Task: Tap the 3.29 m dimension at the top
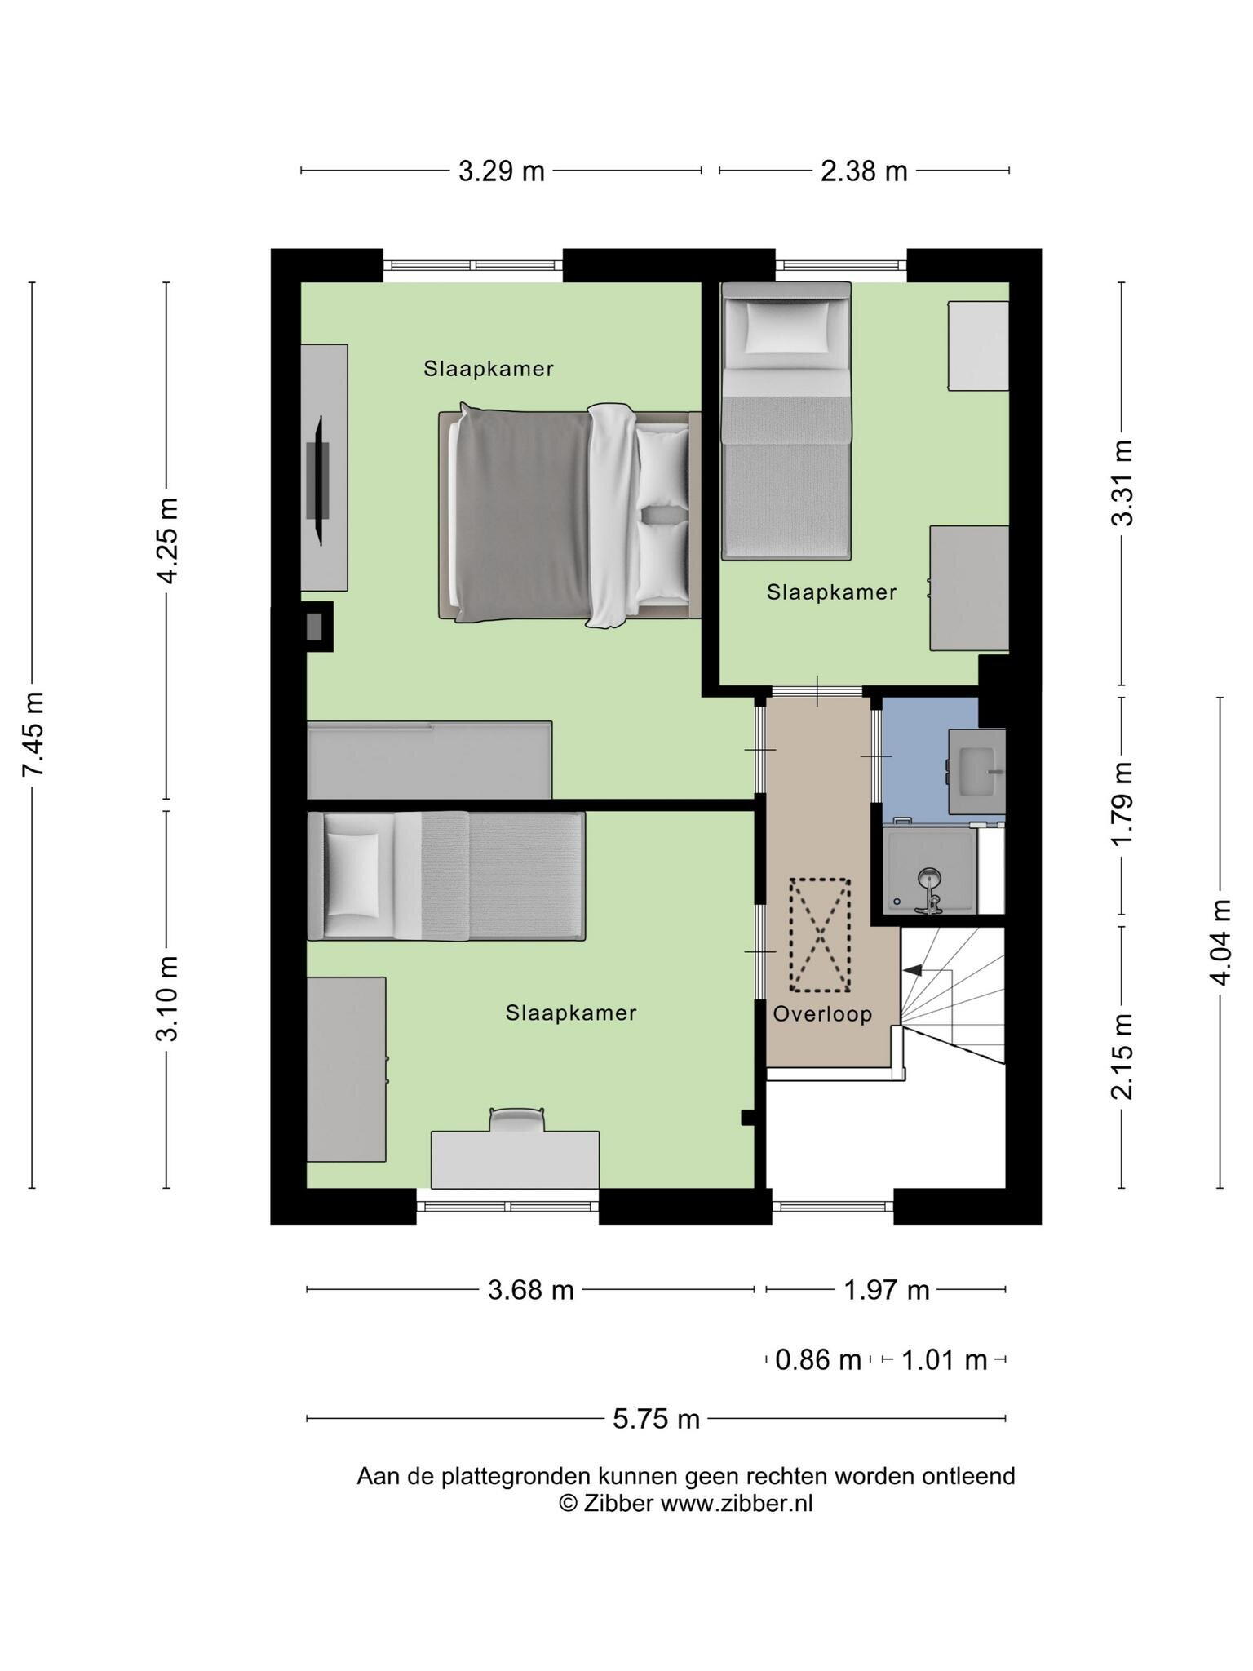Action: (501, 171)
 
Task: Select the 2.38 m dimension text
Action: (864, 171)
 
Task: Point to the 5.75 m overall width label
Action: (657, 1419)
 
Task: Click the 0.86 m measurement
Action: (818, 1360)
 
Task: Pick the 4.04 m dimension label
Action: (1220, 942)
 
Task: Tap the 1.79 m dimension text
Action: (1122, 804)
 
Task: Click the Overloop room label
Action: (822, 1014)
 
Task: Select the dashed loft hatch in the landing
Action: (820, 935)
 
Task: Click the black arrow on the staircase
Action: (912, 969)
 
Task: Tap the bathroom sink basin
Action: (977, 770)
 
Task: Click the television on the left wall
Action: (319, 481)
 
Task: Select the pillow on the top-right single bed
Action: (786, 326)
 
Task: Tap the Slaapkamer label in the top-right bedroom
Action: (831, 592)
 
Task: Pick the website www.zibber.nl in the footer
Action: (737, 1503)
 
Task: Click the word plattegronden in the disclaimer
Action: (516, 1476)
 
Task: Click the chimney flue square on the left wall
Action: (315, 627)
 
